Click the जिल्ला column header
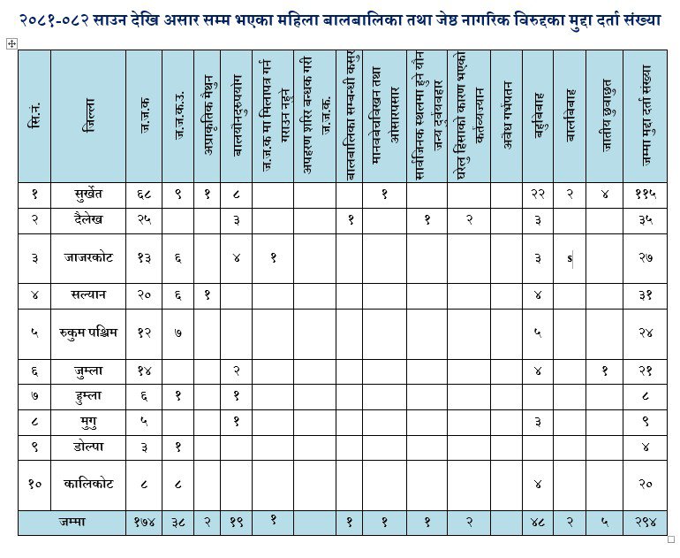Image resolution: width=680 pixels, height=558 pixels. (88, 116)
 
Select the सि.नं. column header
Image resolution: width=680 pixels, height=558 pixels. (34, 116)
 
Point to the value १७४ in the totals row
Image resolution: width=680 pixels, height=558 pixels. (144, 523)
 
